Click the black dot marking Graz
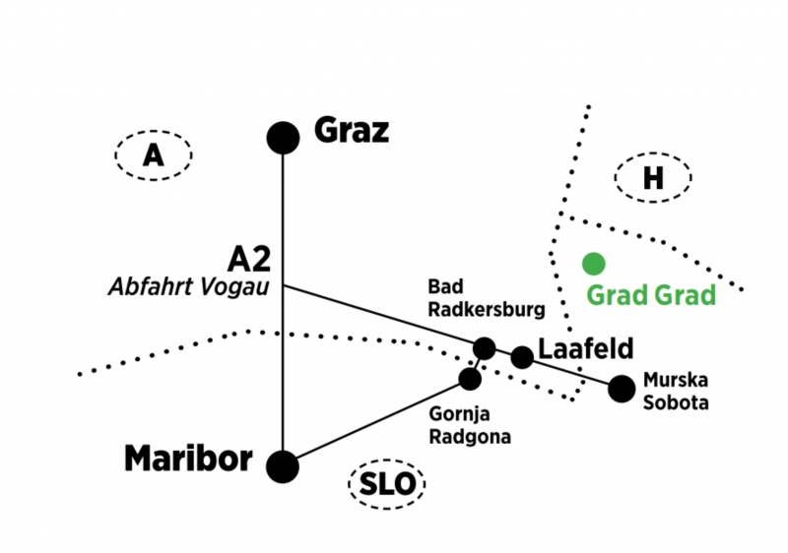(283, 138)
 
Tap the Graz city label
(352, 130)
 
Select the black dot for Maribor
(283, 465)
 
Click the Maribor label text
(189, 459)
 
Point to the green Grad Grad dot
(593, 263)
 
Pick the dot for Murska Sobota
(621, 389)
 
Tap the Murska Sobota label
(675, 389)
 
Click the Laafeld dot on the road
(522, 357)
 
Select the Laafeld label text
(585, 349)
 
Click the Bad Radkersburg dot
(485, 348)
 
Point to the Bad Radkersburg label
(486, 298)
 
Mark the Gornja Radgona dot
(471, 378)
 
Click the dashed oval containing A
(153, 155)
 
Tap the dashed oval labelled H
(653, 178)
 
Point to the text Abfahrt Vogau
(192, 287)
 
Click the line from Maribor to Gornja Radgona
(374, 422)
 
